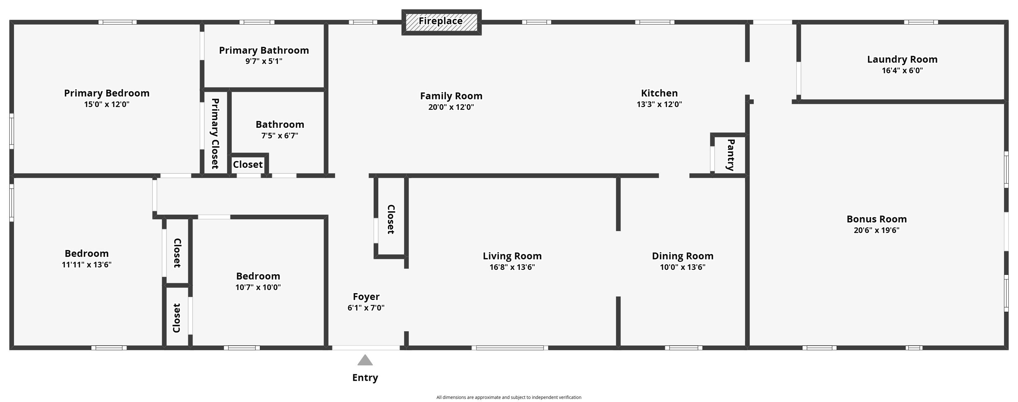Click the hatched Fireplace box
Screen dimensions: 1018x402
[x=441, y=22]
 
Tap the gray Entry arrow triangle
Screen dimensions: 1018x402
[x=365, y=360]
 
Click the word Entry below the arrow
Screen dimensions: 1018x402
[x=365, y=378]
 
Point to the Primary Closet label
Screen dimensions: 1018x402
[x=215, y=133]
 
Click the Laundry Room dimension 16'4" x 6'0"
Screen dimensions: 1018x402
[x=902, y=71]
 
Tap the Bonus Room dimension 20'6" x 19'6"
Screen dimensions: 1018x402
[x=877, y=230]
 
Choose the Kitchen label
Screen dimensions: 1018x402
[x=659, y=93]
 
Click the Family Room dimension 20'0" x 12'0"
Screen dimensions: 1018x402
[x=451, y=107]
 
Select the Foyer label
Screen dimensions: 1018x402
[x=366, y=297]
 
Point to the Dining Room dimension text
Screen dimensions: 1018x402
[x=683, y=267]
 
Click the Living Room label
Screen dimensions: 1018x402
[x=512, y=256]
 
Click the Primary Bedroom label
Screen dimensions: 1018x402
[x=107, y=93]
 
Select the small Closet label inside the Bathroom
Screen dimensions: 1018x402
[x=248, y=164]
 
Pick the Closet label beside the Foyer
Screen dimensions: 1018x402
[x=391, y=219]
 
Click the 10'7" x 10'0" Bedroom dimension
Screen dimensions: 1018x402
[x=258, y=287]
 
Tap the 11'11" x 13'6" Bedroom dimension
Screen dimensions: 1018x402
[x=86, y=265]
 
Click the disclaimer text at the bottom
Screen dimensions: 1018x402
[x=509, y=397]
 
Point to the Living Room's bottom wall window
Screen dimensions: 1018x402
[x=510, y=348]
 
